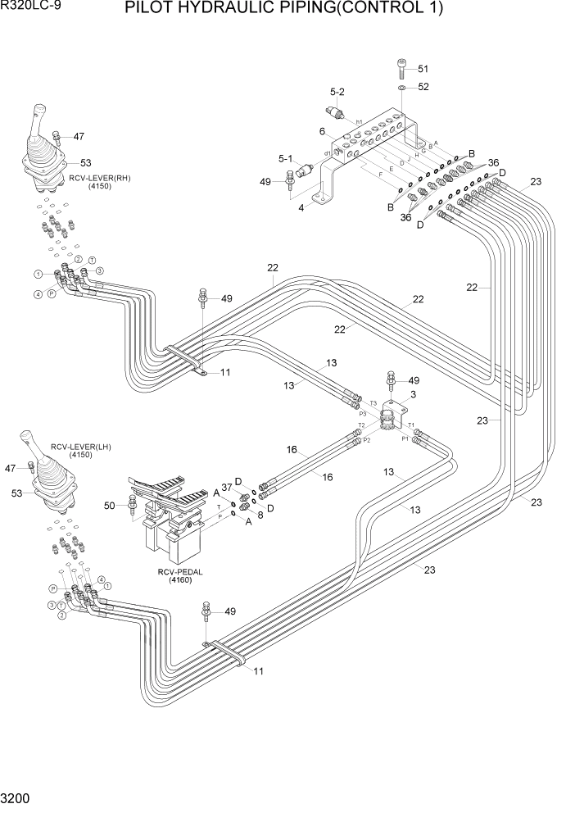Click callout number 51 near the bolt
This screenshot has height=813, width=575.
(x=423, y=69)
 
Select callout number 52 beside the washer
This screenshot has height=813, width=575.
(x=423, y=87)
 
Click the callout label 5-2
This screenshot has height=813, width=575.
(x=337, y=92)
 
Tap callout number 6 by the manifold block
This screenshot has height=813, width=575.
(x=323, y=131)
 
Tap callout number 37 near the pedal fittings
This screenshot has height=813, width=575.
(x=227, y=488)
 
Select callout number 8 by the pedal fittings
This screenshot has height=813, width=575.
(x=260, y=515)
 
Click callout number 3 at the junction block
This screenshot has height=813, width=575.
(x=413, y=395)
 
